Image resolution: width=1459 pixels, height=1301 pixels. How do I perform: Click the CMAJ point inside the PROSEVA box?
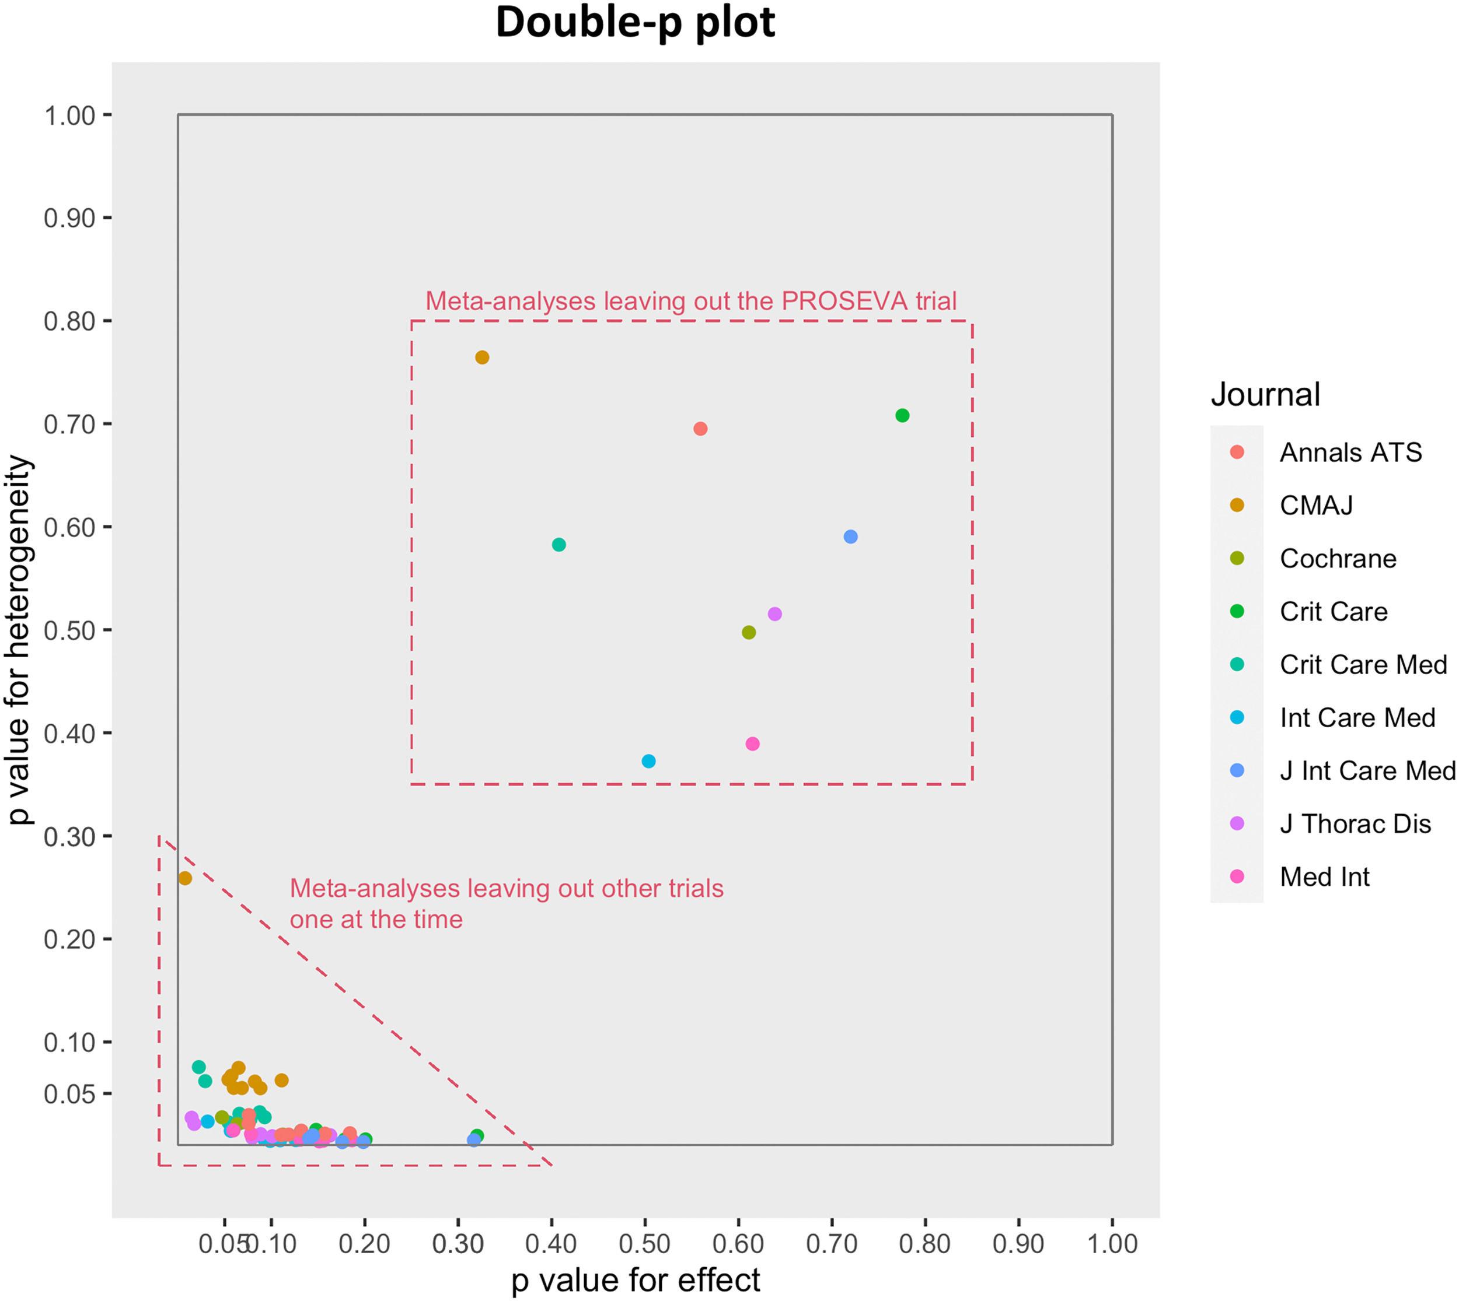482,357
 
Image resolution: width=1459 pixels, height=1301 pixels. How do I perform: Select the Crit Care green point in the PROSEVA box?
903,415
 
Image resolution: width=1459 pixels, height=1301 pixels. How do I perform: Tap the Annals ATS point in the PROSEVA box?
700,429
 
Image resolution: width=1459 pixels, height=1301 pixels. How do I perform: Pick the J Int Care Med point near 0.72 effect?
850,537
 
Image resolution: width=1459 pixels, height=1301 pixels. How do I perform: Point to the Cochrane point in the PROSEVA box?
749,633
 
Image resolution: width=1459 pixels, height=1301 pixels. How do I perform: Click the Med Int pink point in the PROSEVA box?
752,744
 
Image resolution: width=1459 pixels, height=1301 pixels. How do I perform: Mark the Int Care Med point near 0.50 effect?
649,762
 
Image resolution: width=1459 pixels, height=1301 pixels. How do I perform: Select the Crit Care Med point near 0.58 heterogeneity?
559,545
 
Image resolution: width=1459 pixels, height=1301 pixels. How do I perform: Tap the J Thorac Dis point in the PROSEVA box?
774,614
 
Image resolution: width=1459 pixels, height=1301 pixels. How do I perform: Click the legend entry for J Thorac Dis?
1355,824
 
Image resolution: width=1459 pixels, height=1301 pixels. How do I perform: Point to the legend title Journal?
1265,395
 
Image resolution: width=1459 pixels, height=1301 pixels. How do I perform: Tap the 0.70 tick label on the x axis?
831,1244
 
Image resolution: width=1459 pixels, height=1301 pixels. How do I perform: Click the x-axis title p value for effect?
636,1280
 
